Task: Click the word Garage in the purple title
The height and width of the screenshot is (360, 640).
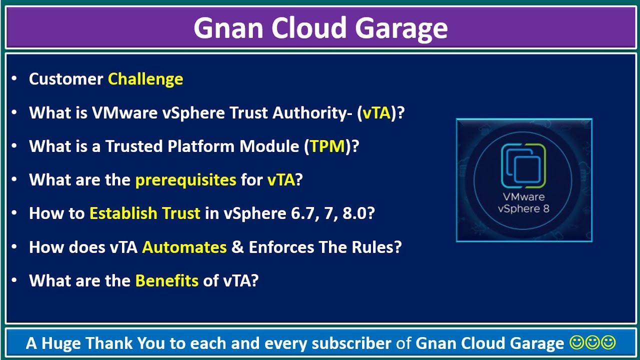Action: click(401, 28)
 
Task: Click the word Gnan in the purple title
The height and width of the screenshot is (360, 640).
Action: click(228, 28)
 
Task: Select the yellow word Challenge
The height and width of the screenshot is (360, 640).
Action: click(145, 79)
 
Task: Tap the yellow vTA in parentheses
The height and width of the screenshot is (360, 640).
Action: click(376, 112)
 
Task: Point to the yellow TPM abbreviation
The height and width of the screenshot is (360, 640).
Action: click(327, 146)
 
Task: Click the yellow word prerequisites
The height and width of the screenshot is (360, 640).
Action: click(185, 180)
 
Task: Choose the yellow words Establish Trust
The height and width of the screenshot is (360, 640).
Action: click(145, 213)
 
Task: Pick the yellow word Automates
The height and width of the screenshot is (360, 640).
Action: click(184, 247)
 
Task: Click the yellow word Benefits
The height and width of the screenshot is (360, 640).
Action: click(167, 280)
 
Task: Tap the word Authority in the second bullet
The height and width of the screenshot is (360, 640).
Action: click(312, 113)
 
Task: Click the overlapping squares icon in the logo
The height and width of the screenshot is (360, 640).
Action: click(523, 165)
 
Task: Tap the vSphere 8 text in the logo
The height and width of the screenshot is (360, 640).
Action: click(523, 209)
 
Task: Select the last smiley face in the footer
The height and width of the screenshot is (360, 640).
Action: click(608, 342)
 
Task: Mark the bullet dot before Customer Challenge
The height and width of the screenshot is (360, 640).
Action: click(14, 78)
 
